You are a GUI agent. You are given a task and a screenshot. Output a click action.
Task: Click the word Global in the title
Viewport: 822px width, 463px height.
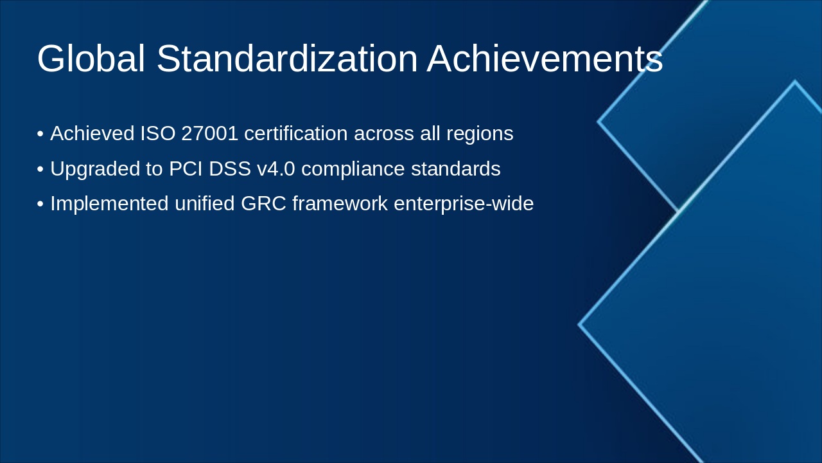point(91,59)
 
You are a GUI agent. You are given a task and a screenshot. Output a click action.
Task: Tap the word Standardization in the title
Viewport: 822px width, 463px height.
point(286,59)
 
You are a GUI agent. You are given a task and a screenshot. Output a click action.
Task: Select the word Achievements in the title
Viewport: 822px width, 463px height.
point(545,59)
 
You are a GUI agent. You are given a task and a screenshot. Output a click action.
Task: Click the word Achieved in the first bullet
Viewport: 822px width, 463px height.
point(92,134)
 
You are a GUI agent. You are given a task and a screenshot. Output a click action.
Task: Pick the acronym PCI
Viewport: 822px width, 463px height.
point(184,168)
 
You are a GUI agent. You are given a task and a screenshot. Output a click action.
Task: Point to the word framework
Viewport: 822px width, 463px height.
point(340,203)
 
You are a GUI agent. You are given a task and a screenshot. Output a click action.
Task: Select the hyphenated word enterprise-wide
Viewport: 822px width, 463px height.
point(464,203)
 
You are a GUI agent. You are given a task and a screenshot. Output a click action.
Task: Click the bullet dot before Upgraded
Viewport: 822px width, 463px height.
point(40,169)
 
